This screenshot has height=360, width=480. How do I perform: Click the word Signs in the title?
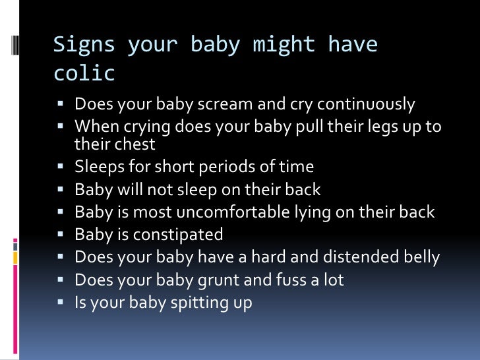click(x=84, y=45)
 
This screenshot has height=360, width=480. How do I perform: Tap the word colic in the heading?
click(x=84, y=73)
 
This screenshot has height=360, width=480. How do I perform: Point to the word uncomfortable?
click(x=221, y=212)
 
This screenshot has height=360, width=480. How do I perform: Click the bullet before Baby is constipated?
click(x=60, y=234)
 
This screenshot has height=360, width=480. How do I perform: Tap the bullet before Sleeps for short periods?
click(x=60, y=167)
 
